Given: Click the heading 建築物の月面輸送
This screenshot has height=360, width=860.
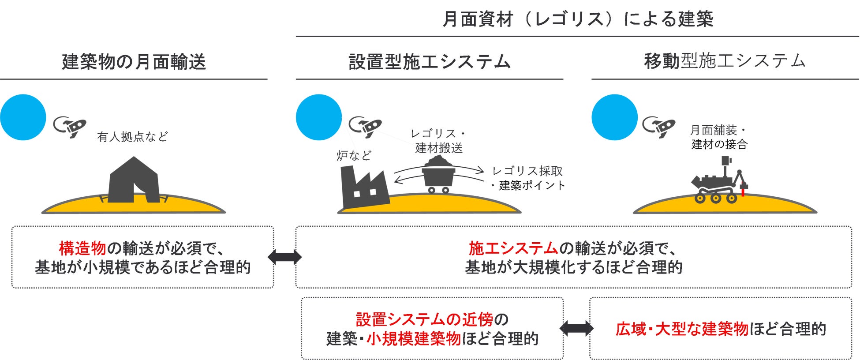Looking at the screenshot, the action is pos(134,62).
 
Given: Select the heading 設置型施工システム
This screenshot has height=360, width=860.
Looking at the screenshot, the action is pos(429,62).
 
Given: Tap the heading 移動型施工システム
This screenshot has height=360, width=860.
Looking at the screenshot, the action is pos(725,61).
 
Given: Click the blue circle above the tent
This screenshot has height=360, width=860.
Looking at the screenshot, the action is pos(23,117).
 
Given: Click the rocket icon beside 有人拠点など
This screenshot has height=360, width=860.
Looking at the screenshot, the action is pos(70,127).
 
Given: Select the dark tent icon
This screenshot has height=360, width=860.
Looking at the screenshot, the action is pos(134,180).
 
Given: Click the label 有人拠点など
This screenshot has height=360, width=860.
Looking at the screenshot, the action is pos(132,137).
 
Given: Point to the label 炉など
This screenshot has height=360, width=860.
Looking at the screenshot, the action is pos(354,155).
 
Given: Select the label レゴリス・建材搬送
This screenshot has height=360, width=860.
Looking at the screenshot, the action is pos(438,141).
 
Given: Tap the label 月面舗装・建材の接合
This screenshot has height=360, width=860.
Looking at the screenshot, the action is pos(719,137).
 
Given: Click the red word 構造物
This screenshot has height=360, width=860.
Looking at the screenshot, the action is pos(82,248).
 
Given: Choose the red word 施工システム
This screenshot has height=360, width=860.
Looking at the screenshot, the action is pos(513,248).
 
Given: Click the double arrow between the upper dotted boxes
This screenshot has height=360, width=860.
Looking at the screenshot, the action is pos(284,257).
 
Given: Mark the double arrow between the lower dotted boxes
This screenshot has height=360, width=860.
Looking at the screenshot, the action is pos(576,328).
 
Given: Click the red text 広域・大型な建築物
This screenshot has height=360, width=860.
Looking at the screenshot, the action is pos(682,329).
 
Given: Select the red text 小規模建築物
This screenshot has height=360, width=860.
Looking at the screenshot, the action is pos(413,339).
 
